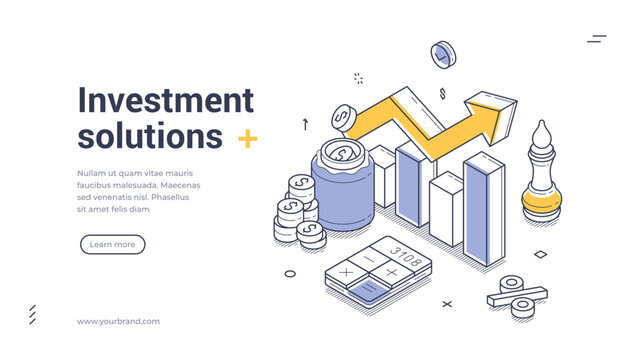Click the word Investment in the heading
166,100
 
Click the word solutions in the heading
150,135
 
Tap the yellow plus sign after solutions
247,139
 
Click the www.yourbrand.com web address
118,321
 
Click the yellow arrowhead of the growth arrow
495,114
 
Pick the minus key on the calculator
367,258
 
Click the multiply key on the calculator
347,272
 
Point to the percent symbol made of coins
518,296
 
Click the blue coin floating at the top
442,54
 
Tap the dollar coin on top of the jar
343,154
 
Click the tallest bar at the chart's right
484,210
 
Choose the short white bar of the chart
446,210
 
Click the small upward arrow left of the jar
305,124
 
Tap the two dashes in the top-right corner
597,39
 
